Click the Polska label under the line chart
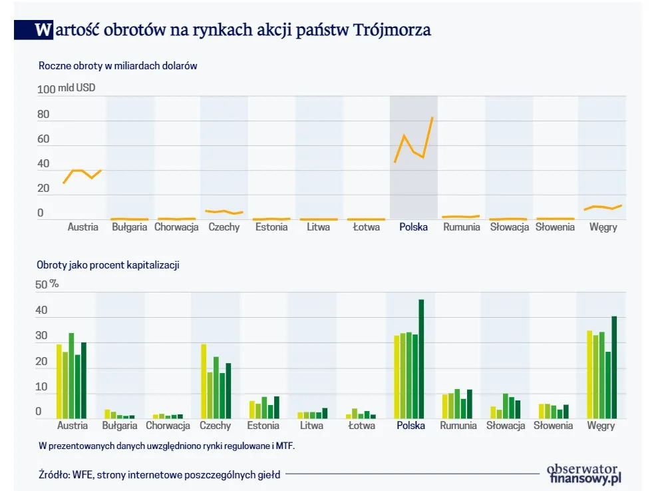point(413,227)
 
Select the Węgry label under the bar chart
point(601,426)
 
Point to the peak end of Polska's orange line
point(432,119)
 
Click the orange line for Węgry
point(602,207)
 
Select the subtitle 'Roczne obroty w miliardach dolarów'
point(118,66)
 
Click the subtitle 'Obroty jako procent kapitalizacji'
point(108,264)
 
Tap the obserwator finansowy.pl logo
point(583,473)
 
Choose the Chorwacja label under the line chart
point(176,227)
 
